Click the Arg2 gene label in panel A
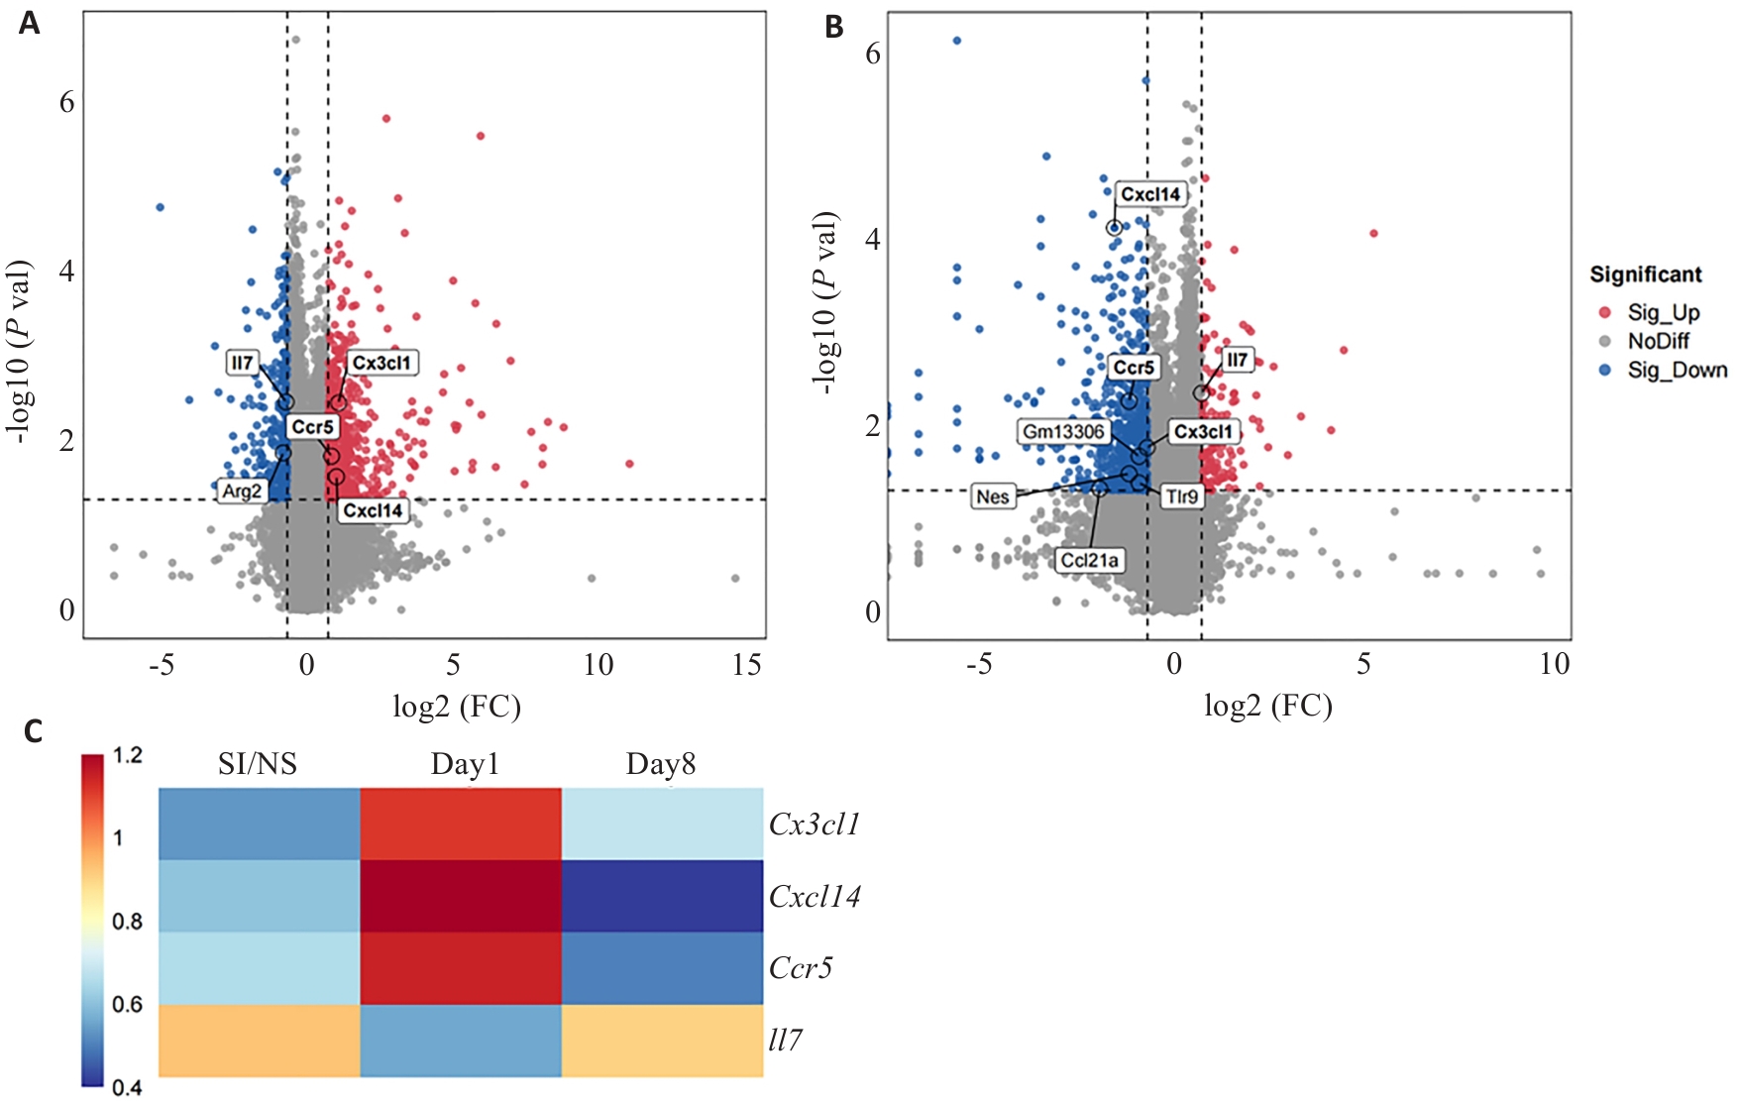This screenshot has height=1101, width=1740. pos(242,491)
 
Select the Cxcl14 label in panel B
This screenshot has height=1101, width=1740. pos(1150,194)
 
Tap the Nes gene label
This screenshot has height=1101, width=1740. pos(992,496)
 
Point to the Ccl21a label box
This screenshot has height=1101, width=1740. pos(1090,560)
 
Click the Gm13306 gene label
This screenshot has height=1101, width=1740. pos(1063,431)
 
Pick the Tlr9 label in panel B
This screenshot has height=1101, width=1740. pos(1181,496)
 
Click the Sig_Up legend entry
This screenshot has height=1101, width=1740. pos(1663,312)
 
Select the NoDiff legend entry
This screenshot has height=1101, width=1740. pos(1658,341)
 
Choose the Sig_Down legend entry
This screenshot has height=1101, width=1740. pos(1677,370)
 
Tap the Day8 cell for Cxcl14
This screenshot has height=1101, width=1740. pos(662,896)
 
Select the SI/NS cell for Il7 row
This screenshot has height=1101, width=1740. pos(259,1041)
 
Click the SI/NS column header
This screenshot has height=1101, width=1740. pos(258,764)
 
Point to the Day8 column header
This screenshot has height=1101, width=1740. pos(661,764)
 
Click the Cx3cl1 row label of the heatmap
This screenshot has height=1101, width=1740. pos(815,825)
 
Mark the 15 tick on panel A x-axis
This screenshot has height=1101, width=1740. pos(747,664)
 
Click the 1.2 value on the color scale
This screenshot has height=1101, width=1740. pos(128,756)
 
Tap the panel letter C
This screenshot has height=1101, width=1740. pos(33,732)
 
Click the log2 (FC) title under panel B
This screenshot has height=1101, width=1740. pos(1267,706)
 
